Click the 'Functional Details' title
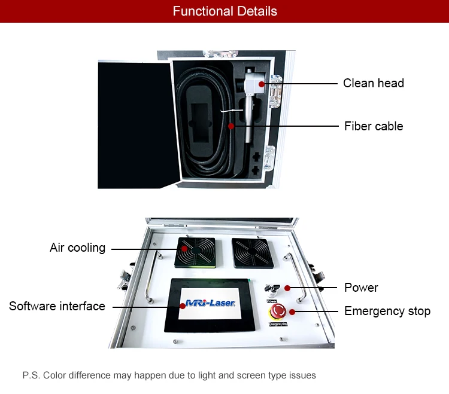click(x=224, y=11)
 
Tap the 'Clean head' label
click(x=373, y=83)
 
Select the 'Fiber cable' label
click(x=373, y=126)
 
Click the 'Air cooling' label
click(x=77, y=248)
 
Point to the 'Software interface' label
click(x=57, y=306)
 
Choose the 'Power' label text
click(x=361, y=288)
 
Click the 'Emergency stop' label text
click(x=387, y=311)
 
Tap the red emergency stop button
click(x=278, y=312)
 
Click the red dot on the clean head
click(x=262, y=84)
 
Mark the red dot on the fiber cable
click(x=231, y=126)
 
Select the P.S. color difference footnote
click(x=169, y=375)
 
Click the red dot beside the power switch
click(x=287, y=288)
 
